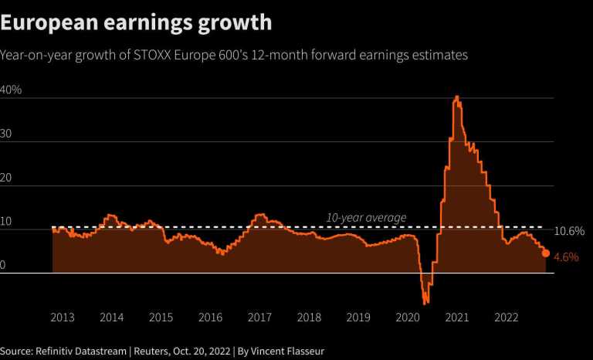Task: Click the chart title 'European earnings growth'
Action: tap(137, 22)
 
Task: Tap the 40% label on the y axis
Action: tap(12, 90)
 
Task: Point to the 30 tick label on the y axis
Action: tap(8, 134)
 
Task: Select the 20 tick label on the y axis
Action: tap(8, 177)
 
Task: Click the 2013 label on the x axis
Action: tap(63, 317)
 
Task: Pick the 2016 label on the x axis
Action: tap(210, 317)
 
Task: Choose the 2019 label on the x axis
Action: tap(358, 317)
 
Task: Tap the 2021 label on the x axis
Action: tap(457, 317)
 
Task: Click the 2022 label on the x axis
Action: tap(506, 317)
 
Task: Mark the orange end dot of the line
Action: tap(546, 253)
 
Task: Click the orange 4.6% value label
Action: tap(567, 257)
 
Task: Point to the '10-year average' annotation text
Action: tap(366, 218)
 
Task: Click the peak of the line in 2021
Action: tap(457, 97)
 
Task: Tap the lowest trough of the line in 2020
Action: tap(425, 303)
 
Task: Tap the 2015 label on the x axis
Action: tap(161, 317)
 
